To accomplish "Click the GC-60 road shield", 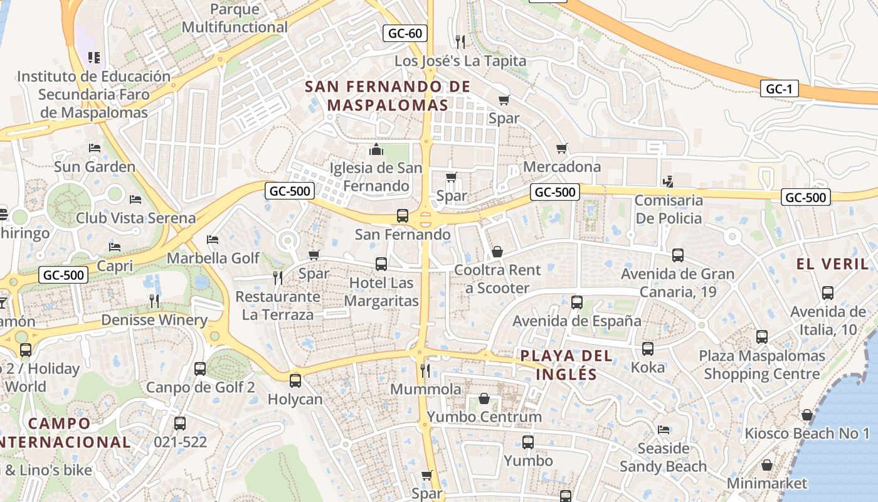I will pos(405,33).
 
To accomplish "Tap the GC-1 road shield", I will pos(779,88).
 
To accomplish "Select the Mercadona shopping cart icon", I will pos(562,149).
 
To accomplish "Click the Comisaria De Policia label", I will pos(669,210).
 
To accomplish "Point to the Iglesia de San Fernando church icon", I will pos(376,149).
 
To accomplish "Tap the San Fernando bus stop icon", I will pos(403,216).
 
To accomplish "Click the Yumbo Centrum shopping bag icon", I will pos(484,398).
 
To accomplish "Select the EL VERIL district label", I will pos(832,264).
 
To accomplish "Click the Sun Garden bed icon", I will pos(95,148).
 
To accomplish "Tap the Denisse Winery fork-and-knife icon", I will pos(154,301).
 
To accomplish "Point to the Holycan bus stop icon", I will pos(295,380).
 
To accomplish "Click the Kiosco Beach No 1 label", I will pos(807,434).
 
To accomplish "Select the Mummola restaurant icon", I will pos(425,370).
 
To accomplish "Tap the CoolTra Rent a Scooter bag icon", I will pos(497,252).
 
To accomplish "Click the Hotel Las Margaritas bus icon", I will pos(381,264).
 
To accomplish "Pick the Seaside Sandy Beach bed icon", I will pos(664,430).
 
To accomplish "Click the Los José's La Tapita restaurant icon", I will pos(460,42).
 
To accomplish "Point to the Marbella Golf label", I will pos(213,258).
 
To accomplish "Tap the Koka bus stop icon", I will pos(648,349).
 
